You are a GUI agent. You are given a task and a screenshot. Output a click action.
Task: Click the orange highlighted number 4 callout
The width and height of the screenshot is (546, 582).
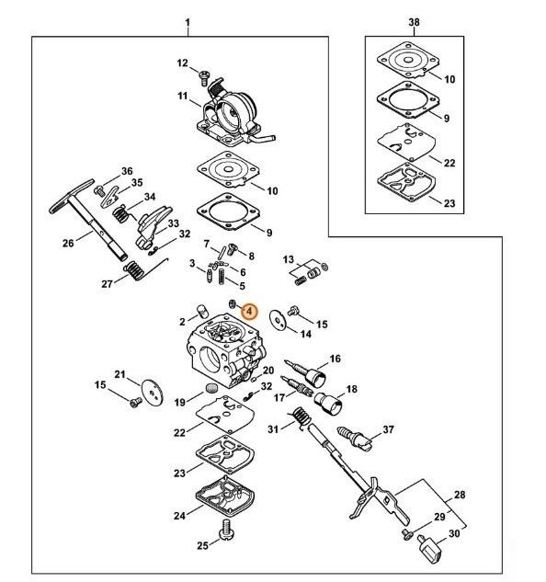[x=249, y=312]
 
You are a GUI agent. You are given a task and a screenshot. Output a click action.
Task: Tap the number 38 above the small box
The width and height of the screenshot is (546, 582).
[x=414, y=22]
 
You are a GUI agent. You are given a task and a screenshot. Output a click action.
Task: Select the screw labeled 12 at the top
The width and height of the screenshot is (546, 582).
[x=204, y=77]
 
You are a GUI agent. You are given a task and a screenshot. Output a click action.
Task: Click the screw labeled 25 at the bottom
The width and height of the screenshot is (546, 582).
[x=226, y=530]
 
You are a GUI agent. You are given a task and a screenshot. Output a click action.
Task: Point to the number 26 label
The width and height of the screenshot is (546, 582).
[x=68, y=243]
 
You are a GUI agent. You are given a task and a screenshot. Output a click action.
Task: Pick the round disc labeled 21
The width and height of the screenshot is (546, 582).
[x=153, y=394]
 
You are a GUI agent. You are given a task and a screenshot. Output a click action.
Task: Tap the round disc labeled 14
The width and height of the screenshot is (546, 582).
[x=278, y=319]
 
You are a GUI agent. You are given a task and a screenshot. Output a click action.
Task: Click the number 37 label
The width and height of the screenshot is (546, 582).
[x=388, y=429]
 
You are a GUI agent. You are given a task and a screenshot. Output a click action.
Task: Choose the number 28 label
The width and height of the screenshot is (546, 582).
[x=460, y=495]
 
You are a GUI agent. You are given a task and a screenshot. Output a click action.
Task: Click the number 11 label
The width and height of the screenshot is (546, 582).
[x=182, y=97]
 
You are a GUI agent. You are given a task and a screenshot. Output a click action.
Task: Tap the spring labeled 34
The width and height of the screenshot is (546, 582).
[x=120, y=214]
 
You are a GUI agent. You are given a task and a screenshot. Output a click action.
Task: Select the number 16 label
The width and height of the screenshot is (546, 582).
[x=335, y=359]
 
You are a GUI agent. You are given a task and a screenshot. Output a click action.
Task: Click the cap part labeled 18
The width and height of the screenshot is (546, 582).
[x=326, y=403]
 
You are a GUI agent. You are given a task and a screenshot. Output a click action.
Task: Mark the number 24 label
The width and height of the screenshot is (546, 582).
[x=179, y=516]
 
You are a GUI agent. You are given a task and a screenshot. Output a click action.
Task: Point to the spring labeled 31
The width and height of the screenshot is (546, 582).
[x=301, y=417]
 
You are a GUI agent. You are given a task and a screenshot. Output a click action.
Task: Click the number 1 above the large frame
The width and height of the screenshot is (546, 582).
[x=188, y=23]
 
